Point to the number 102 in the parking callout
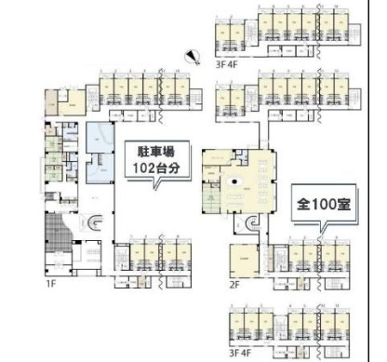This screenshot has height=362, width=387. (x=140, y=168)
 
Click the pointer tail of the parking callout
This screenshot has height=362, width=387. (x=156, y=184)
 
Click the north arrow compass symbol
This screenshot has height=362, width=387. (x=192, y=54)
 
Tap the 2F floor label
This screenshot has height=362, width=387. (x=236, y=285)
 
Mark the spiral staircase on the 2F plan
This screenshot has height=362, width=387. (x=251, y=223)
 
